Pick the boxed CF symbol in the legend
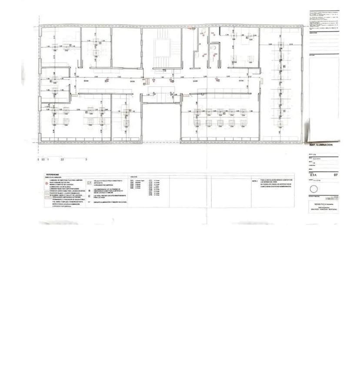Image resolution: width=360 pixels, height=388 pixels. tap(90, 183)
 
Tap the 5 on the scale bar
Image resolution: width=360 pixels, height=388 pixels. tap(86, 160)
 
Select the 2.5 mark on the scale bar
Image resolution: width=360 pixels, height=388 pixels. tap(62, 160)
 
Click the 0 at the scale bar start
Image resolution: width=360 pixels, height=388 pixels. tap(39, 160)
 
